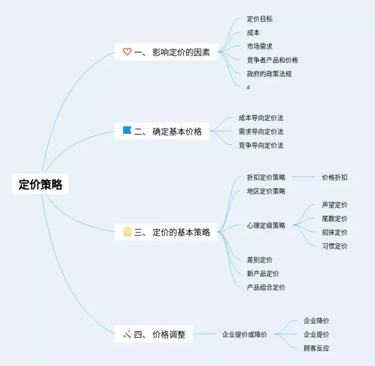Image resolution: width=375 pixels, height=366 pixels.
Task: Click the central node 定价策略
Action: (40, 184)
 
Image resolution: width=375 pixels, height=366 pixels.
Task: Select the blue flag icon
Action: (127, 131)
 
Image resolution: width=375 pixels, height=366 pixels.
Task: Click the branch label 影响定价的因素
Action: (181, 52)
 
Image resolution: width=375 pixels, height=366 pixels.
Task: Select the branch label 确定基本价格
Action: (177, 131)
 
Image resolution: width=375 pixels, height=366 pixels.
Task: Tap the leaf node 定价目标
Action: (260, 19)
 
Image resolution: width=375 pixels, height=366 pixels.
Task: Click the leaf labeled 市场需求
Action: (260, 46)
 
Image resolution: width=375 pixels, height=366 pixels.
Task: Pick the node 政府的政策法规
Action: (270, 74)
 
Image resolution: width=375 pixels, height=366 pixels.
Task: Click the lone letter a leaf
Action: (248, 87)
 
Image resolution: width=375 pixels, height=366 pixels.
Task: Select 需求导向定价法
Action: (261, 131)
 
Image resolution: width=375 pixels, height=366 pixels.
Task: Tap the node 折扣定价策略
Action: (266, 177)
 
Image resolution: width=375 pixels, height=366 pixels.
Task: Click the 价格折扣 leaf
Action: (335, 177)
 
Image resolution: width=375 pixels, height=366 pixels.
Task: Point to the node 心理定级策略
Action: (266, 225)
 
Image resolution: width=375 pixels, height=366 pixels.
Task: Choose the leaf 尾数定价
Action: (335, 219)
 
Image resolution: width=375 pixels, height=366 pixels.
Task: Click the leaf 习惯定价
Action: (335, 246)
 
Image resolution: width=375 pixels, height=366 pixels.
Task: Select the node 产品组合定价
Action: (266, 287)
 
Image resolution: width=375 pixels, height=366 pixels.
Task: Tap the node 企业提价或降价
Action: (244, 334)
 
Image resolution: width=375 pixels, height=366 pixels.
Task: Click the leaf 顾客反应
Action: (316, 348)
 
